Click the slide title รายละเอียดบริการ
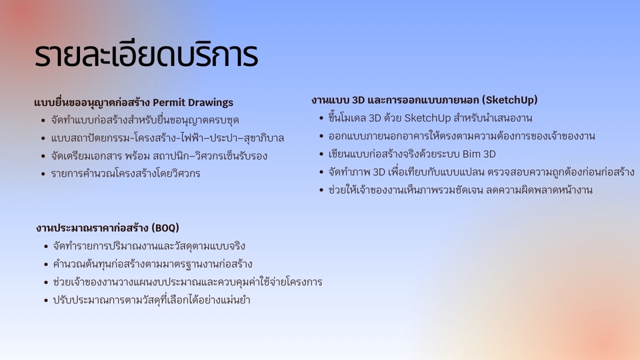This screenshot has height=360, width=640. (145, 56)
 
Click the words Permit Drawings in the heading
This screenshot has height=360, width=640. (193, 103)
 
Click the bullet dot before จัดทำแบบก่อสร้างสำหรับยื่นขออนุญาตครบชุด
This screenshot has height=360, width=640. (43, 121)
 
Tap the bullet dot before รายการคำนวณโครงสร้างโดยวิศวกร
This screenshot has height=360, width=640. (43, 174)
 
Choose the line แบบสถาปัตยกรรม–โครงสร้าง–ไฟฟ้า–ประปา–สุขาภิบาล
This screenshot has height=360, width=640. (167, 139)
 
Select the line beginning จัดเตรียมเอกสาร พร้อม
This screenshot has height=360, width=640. (159, 156)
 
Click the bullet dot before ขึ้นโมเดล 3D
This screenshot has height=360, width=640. (321, 119)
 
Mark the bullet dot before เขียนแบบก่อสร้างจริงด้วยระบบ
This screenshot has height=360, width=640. (321, 155)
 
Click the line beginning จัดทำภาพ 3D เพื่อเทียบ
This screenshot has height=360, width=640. (481, 172)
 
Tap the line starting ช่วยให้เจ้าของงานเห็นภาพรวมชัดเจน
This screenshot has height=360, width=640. (460, 190)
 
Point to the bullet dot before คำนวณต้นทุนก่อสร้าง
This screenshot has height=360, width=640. (45, 265)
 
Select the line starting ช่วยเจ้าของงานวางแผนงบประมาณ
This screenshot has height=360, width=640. (187, 282)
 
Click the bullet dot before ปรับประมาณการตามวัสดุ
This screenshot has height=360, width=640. (45, 301)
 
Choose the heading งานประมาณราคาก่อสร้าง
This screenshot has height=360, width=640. (93, 228)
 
